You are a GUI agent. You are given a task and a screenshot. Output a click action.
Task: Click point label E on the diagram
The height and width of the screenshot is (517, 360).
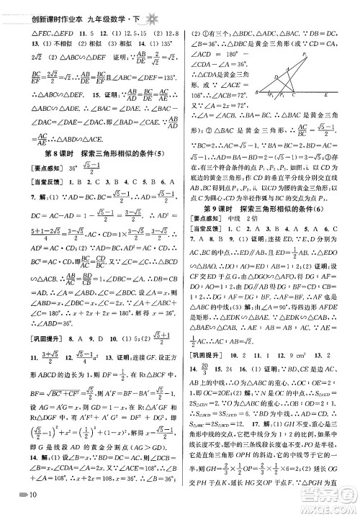(326, 94)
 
